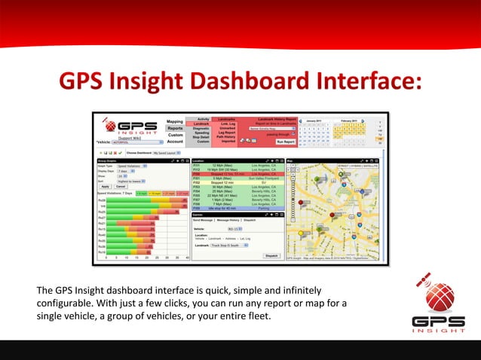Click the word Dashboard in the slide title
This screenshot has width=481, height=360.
(x=247, y=81)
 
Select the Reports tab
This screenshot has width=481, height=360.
(x=175, y=128)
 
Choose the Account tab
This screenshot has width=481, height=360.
(x=175, y=141)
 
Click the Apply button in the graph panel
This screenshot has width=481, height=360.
(x=105, y=186)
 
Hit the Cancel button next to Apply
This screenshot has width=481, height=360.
(x=121, y=186)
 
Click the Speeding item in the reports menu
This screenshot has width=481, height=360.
(x=202, y=133)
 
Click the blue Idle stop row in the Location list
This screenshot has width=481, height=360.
(x=237, y=207)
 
